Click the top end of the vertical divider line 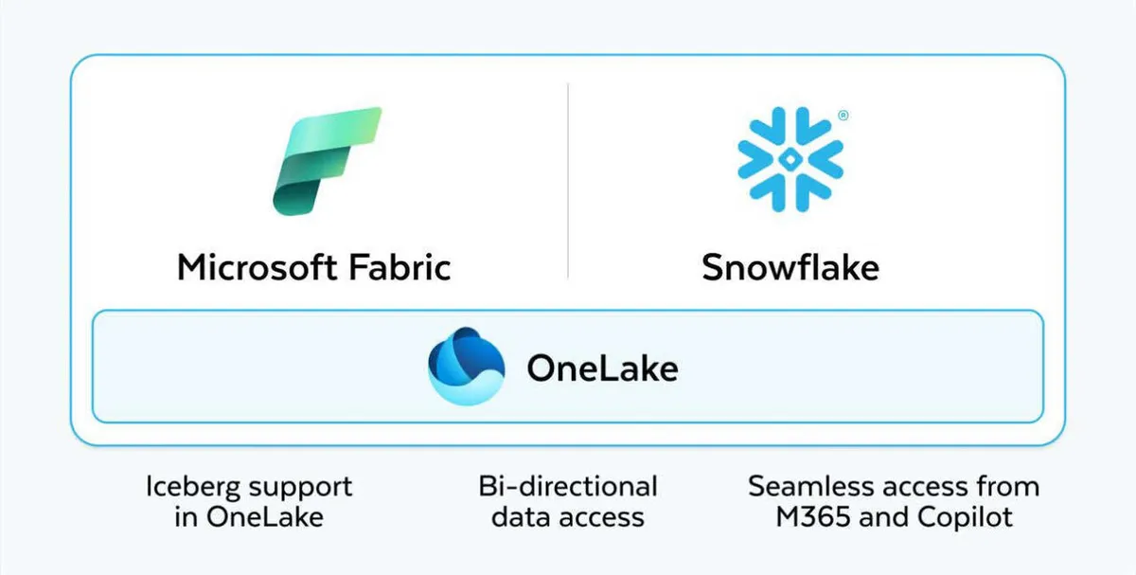(568, 83)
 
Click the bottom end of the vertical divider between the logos (568, 279)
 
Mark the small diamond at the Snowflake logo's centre (790, 159)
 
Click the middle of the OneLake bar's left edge (93, 367)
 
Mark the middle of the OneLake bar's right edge (1043, 367)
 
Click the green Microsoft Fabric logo (328, 161)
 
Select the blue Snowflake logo (790, 159)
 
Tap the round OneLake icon (466, 367)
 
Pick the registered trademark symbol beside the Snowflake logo (843, 116)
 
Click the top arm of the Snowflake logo (790, 127)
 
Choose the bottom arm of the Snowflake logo (790, 192)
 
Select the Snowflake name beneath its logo (790, 267)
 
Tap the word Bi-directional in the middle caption (568, 486)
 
